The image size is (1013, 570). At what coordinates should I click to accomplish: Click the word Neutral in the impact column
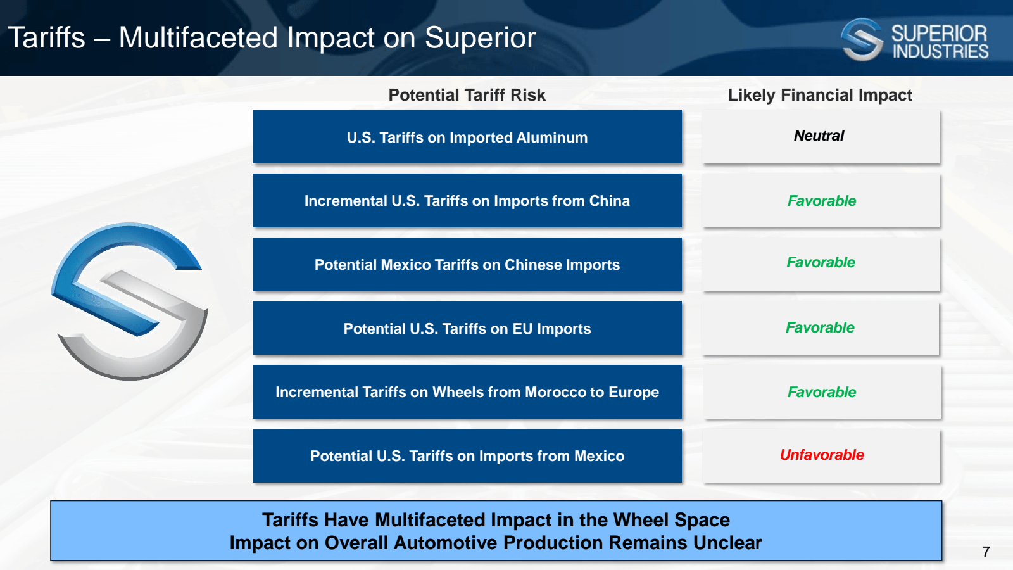[819, 136]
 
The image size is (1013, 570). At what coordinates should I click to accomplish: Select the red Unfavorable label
[821, 455]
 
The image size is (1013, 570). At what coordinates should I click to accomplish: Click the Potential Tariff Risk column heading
[467, 95]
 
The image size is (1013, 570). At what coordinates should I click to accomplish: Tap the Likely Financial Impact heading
[819, 95]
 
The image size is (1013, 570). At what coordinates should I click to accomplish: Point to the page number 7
[986, 552]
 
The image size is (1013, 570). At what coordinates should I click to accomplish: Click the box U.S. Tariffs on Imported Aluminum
[467, 137]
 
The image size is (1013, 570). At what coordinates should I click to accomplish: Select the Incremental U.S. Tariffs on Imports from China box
[467, 201]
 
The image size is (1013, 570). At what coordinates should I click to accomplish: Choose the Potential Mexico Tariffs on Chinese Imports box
[467, 265]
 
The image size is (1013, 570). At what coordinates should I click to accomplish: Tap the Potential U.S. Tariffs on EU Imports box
[467, 329]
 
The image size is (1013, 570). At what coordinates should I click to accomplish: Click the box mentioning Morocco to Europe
[467, 392]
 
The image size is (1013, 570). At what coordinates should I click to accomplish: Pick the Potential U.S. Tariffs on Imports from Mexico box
[467, 456]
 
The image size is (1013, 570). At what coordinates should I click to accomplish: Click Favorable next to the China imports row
[821, 201]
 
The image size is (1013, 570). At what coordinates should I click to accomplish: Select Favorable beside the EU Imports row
[820, 327]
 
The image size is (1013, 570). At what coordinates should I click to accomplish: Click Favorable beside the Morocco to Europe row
[821, 392]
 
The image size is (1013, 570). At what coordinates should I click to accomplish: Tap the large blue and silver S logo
[130, 301]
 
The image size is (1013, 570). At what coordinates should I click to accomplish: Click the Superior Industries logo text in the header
[939, 42]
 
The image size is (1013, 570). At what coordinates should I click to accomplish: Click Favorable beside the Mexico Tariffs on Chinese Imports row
[821, 262]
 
